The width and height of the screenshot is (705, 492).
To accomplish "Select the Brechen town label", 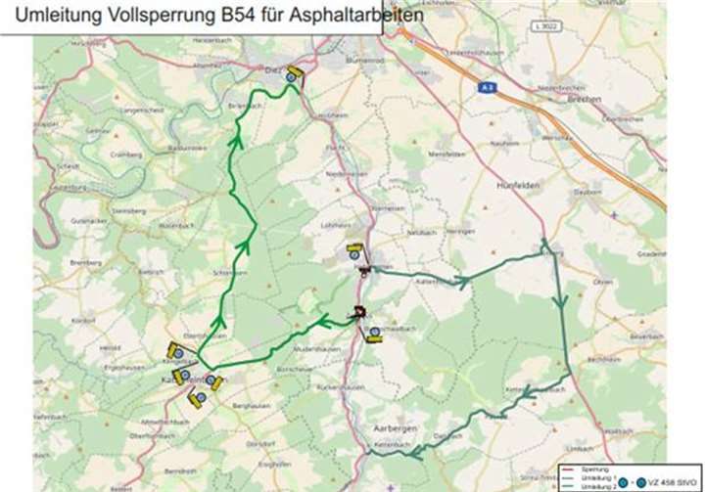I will pos(586,100).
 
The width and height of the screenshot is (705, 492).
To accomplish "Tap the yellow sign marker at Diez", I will pos(296,75).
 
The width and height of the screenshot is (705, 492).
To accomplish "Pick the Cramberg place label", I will pos(127,155).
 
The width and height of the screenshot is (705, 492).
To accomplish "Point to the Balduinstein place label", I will pos(184,148).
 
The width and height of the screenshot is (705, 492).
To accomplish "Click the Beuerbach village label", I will pos(646,335).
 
